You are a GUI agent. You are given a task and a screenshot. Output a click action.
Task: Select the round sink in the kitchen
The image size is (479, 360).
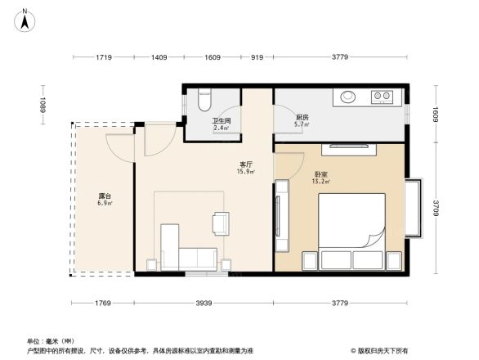coord(348,97)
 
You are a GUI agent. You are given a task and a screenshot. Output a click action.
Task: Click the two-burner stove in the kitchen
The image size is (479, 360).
coord(382,97)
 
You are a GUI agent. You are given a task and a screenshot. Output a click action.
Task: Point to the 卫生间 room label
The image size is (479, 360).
coord(222,120)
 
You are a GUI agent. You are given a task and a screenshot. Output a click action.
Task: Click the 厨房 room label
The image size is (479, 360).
coord(302,117)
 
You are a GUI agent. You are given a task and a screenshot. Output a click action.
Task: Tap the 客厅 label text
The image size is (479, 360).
coord(244,164)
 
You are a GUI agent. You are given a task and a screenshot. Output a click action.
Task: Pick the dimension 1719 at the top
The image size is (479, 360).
coord(103,57)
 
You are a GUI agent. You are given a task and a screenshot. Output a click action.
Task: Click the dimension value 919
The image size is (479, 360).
coord(257,57)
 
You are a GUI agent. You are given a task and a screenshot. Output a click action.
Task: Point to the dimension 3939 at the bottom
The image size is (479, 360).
coord(204,304)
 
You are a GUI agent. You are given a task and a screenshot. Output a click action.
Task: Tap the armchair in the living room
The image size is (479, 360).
coord(222,223)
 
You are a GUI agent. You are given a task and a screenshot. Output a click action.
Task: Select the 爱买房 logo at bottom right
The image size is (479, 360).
coord(381,350)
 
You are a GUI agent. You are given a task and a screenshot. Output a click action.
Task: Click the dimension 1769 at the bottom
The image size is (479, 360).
coord(104,304)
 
